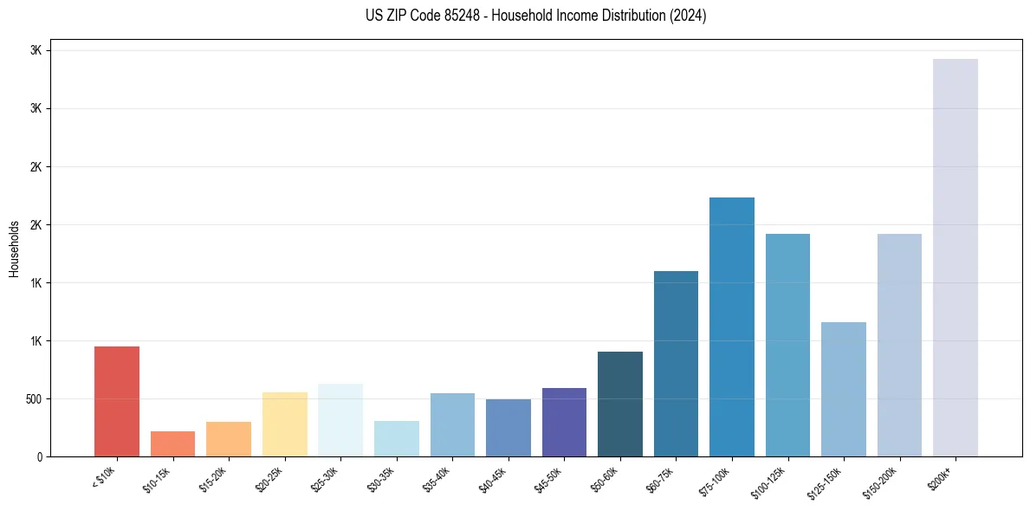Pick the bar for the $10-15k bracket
click(172, 443)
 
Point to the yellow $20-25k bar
click(284, 424)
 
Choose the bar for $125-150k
click(843, 389)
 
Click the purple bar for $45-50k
click(564, 422)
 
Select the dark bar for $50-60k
click(619, 404)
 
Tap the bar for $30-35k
click(396, 438)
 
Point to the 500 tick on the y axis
click(35, 399)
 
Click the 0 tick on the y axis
click(40, 457)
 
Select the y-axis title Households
click(14, 249)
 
